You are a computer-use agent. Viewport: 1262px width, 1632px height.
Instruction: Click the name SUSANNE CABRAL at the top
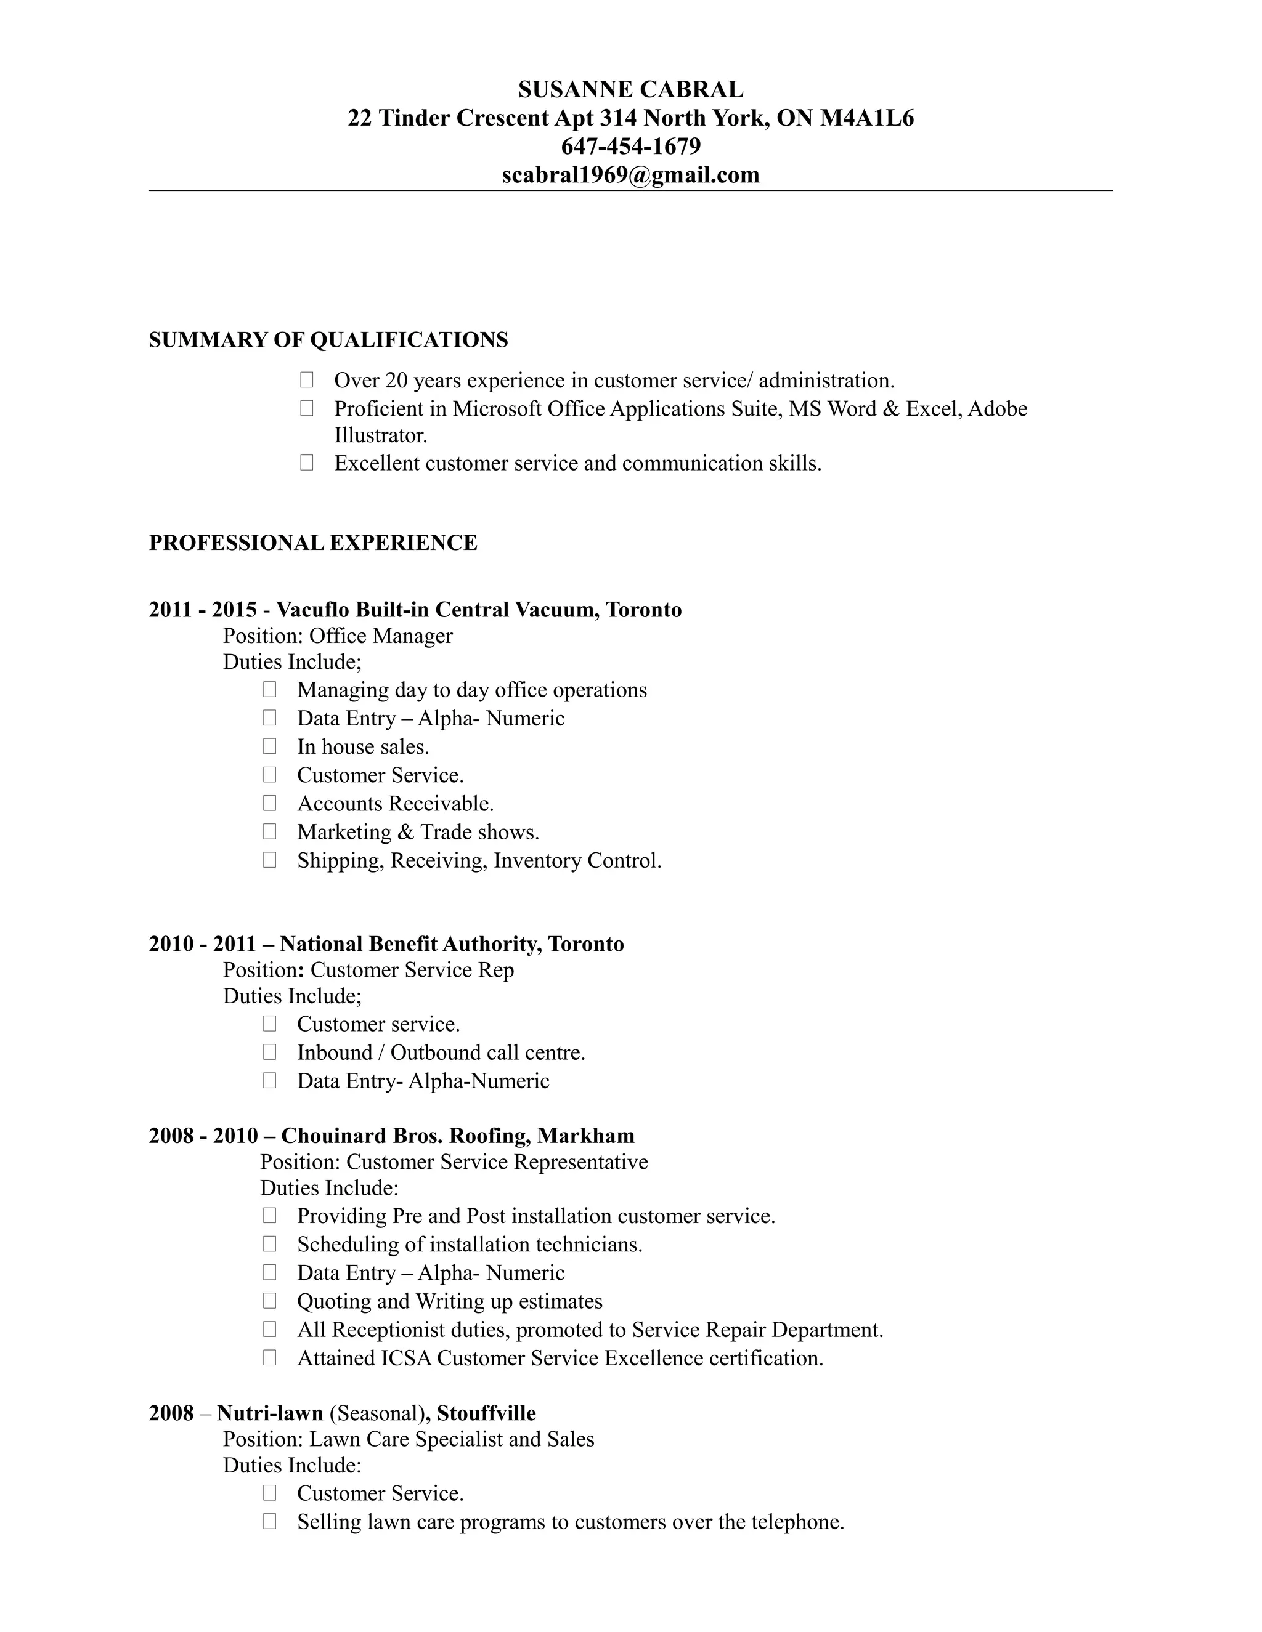point(630,90)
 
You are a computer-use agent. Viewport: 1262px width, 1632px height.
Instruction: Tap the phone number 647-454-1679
point(630,147)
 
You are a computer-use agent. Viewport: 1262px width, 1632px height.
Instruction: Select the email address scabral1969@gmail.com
point(630,175)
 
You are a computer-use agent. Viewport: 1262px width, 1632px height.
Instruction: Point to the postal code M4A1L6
point(866,118)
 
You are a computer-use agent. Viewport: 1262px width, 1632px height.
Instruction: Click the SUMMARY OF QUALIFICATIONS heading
point(328,340)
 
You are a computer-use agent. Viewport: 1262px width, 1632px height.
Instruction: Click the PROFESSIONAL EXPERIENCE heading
point(312,543)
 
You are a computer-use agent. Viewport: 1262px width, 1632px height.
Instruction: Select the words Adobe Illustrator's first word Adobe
point(998,409)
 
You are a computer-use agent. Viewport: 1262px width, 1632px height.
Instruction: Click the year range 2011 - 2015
point(203,610)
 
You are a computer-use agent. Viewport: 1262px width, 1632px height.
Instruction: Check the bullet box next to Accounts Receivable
point(269,803)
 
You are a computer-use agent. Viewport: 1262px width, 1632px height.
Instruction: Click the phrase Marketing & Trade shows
point(418,831)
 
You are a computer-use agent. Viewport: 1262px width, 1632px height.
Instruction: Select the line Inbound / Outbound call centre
point(441,1052)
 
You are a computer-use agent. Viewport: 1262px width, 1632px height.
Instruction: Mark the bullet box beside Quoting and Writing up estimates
point(269,1301)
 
